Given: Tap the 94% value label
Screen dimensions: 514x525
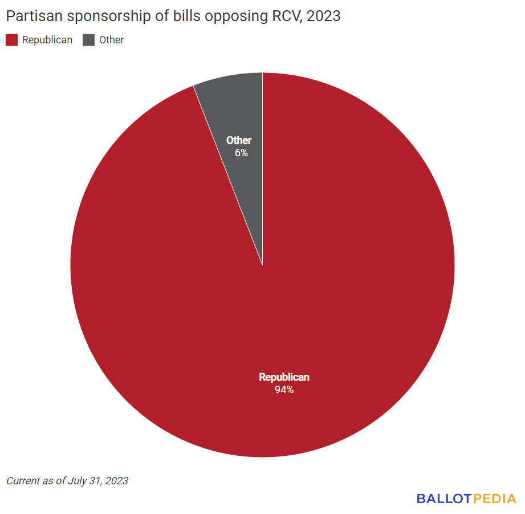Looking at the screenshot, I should click(x=284, y=390).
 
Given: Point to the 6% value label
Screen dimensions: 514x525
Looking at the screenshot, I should click(x=241, y=153).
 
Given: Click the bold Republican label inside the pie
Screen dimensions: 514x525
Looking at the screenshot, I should click(x=284, y=377).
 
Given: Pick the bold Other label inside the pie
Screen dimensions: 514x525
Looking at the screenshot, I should click(x=239, y=140).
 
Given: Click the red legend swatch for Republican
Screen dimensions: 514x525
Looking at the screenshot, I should click(x=12, y=40).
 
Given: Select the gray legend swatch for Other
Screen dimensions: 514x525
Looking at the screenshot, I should click(x=88, y=40).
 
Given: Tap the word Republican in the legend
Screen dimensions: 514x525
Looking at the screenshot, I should click(x=47, y=40).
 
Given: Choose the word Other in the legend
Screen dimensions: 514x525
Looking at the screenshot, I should click(x=111, y=40).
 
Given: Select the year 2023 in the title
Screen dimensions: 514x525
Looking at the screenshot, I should click(x=323, y=16).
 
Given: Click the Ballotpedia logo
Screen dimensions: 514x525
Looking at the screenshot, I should click(x=466, y=499).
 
